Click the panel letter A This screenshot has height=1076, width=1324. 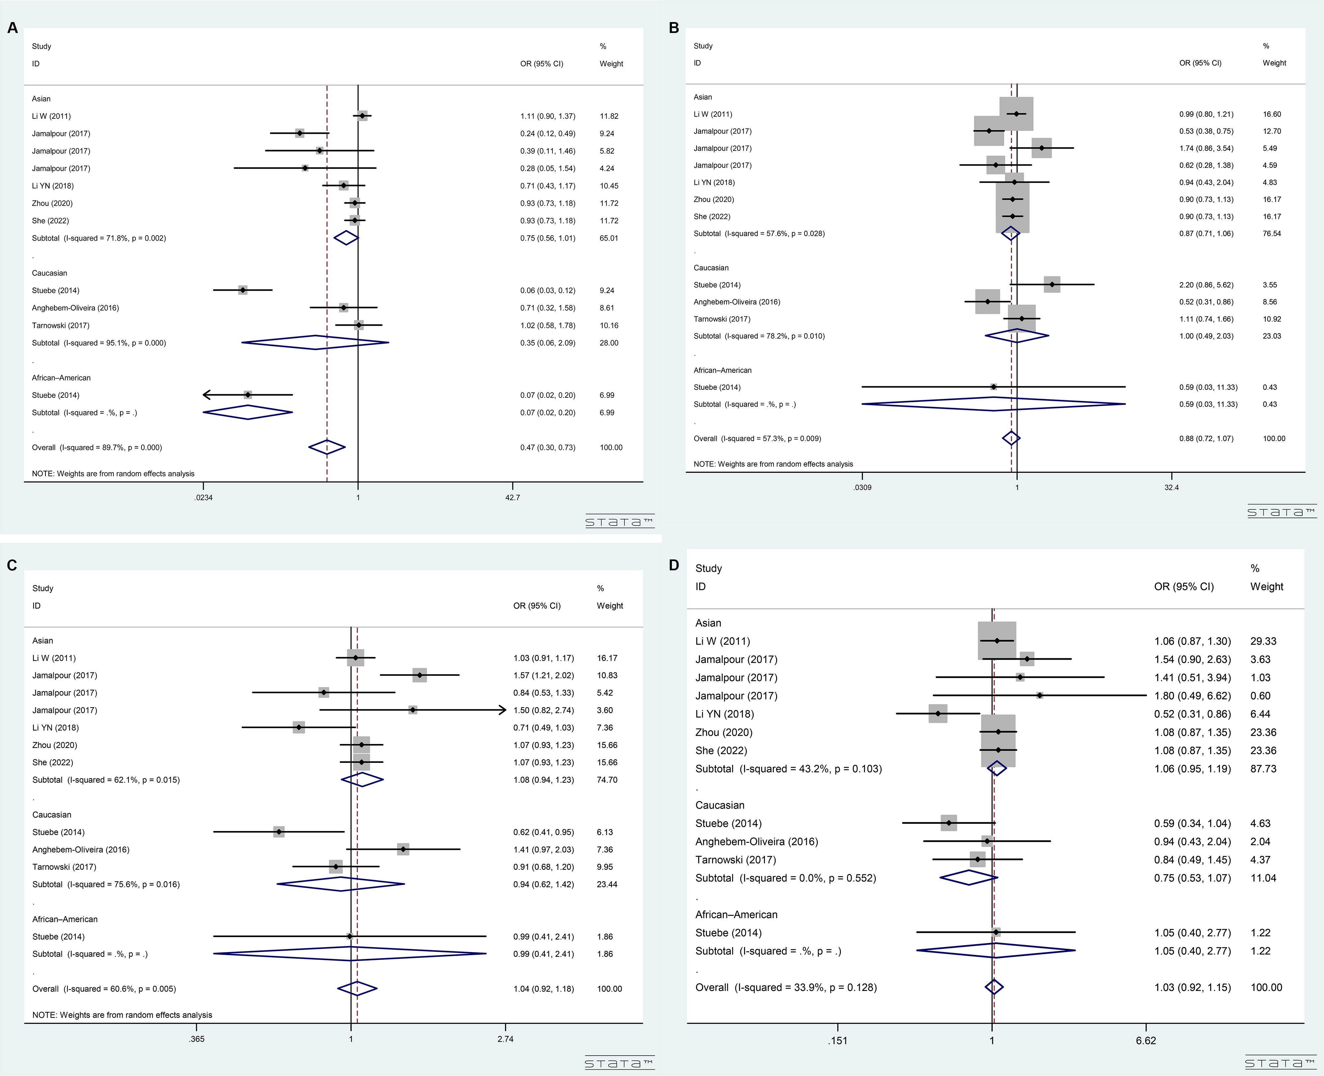click(13, 28)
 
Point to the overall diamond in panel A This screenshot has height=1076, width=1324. click(327, 447)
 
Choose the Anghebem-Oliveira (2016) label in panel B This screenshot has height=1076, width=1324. click(737, 302)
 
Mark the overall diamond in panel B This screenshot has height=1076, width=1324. click(1011, 438)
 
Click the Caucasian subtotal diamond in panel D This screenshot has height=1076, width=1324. click(969, 878)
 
